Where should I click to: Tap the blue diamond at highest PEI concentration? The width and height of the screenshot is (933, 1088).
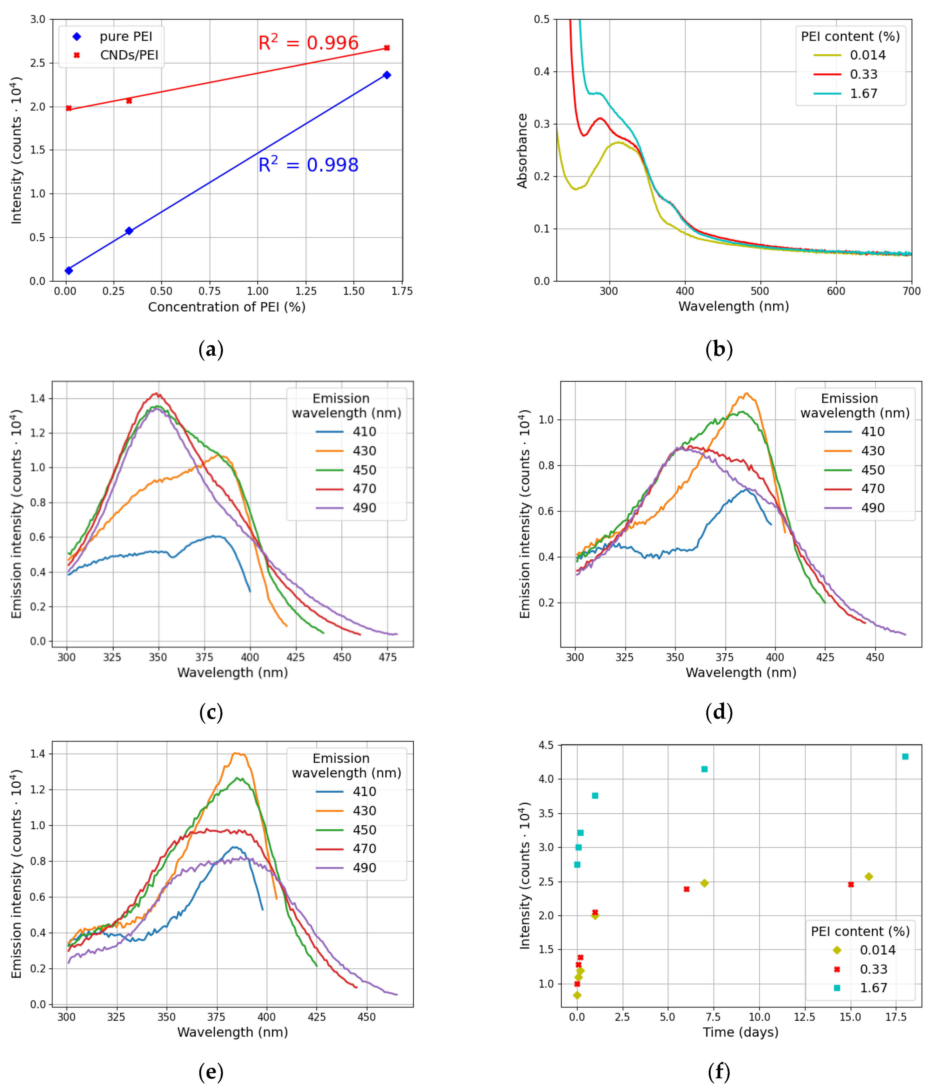[387, 75]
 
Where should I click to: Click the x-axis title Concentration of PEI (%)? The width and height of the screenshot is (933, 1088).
[227, 307]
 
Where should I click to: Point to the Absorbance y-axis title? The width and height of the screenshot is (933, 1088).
[522, 151]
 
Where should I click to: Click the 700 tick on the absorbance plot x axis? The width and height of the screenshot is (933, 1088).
[911, 291]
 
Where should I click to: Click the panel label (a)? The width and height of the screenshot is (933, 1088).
[211, 349]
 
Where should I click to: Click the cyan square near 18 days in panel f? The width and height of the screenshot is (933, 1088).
[905, 757]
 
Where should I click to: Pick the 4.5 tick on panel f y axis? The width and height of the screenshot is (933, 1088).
[546, 745]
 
